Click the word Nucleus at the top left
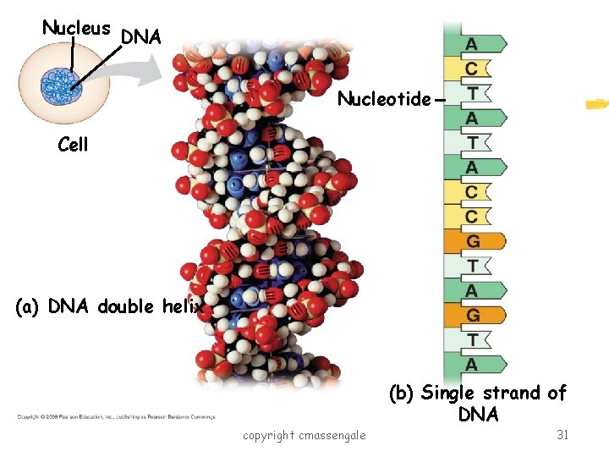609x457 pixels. pyautogui.click(x=76, y=28)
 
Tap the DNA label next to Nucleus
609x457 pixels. pyautogui.click(x=141, y=37)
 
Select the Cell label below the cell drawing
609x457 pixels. pyautogui.click(x=73, y=145)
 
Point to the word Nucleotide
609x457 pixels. pyautogui.click(x=384, y=99)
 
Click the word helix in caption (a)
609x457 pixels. pyautogui.click(x=184, y=306)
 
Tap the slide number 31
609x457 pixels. pyautogui.click(x=562, y=434)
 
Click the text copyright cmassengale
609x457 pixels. pyautogui.click(x=304, y=435)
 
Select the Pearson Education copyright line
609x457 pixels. pyautogui.click(x=115, y=416)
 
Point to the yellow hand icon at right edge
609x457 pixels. pyautogui.click(x=597, y=105)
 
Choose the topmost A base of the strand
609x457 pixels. pyautogui.click(x=471, y=43)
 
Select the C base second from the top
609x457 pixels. pyautogui.click(x=471, y=68)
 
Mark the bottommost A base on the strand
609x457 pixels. pyautogui.click(x=471, y=365)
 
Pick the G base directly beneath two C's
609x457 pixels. pyautogui.click(x=473, y=241)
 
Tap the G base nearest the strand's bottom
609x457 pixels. pyautogui.click(x=473, y=316)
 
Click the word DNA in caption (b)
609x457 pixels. pyautogui.click(x=478, y=415)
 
